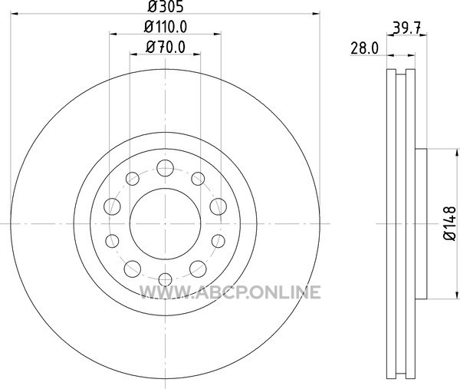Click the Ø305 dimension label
[x=166, y=6]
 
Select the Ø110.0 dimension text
[x=166, y=27]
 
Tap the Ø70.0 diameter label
[x=166, y=47]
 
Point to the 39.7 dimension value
[x=407, y=28]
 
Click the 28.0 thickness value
[x=365, y=48]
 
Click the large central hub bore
[x=165, y=224]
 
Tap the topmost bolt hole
[x=165, y=168]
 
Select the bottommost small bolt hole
[x=165, y=279]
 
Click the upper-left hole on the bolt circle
[x=133, y=179]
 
